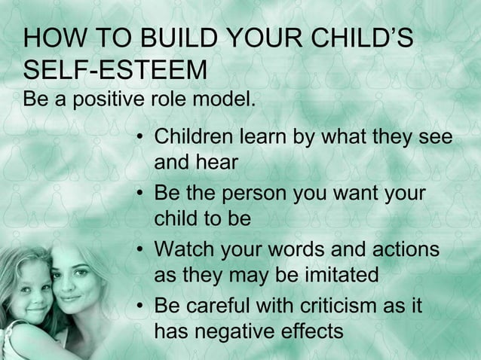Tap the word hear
(x=219, y=162)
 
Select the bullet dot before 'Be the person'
(x=141, y=195)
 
